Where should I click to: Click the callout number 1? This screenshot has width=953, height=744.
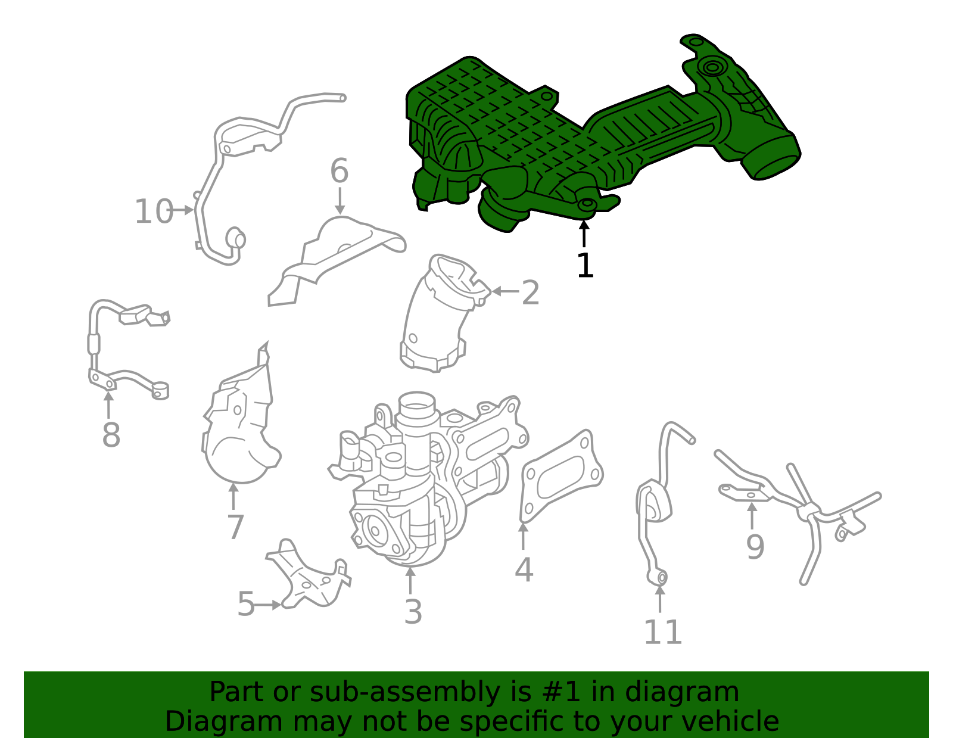tap(585, 266)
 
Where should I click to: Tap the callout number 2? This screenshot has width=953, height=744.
tap(530, 292)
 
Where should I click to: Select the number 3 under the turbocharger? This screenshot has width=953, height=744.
tap(413, 612)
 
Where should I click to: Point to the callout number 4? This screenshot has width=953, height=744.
tap(524, 570)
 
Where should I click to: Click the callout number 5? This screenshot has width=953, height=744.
tap(245, 605)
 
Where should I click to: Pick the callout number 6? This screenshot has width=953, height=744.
tap(339, 172)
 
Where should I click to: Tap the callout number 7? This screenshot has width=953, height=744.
tap(235, 527)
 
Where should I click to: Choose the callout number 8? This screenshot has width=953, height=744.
tap(111, 435)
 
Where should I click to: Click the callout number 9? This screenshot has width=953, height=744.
tap(755, 547)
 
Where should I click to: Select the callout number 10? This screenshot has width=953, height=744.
tap(152, 212)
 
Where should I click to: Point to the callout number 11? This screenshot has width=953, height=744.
tap(662, 632)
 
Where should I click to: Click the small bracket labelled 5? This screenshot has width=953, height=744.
tap(310, 578)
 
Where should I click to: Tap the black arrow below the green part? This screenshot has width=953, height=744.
tap(584, 233)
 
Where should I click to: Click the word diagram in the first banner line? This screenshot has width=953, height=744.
tap(702, 692)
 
